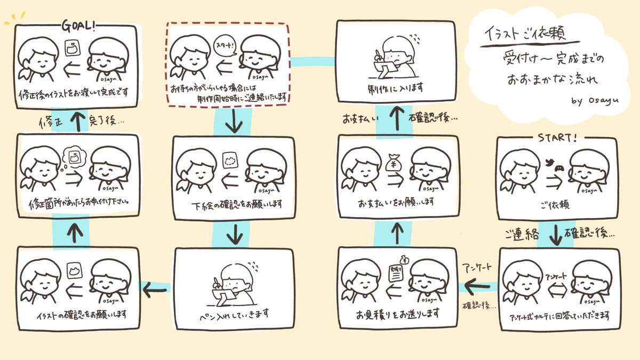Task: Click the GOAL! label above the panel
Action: point(79,26)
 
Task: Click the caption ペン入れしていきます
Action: point(233,313)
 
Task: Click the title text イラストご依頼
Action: point(524,34)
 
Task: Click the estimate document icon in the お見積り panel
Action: point(395,275)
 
